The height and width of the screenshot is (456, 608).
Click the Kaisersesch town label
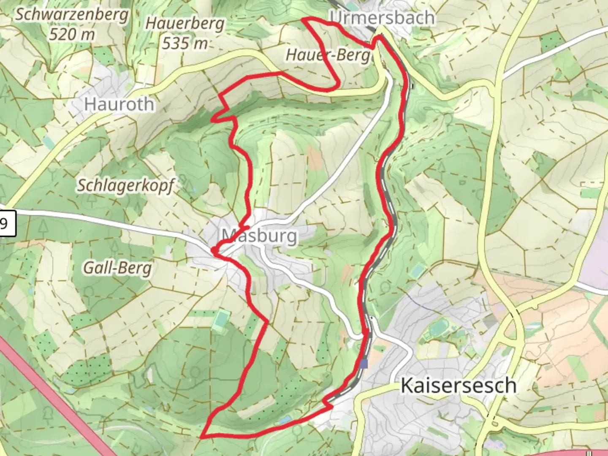point(458,385)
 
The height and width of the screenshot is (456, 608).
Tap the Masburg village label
point(260,236)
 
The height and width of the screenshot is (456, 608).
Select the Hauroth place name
point(119,104)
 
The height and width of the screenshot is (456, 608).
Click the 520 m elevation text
point(72,34)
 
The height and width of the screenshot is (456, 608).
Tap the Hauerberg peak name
point(185,24)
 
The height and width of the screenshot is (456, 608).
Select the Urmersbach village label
point(383,18)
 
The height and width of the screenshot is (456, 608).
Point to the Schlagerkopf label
point(125,185)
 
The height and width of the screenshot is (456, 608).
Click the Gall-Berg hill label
point(117,268)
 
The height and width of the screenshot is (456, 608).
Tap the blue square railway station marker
point(364,364)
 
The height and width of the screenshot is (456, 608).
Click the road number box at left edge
point(6,223)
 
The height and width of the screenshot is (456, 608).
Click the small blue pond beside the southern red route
point(285,420)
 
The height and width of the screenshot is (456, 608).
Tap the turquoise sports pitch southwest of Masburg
point(220,319)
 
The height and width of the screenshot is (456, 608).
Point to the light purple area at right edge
point(597,253)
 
